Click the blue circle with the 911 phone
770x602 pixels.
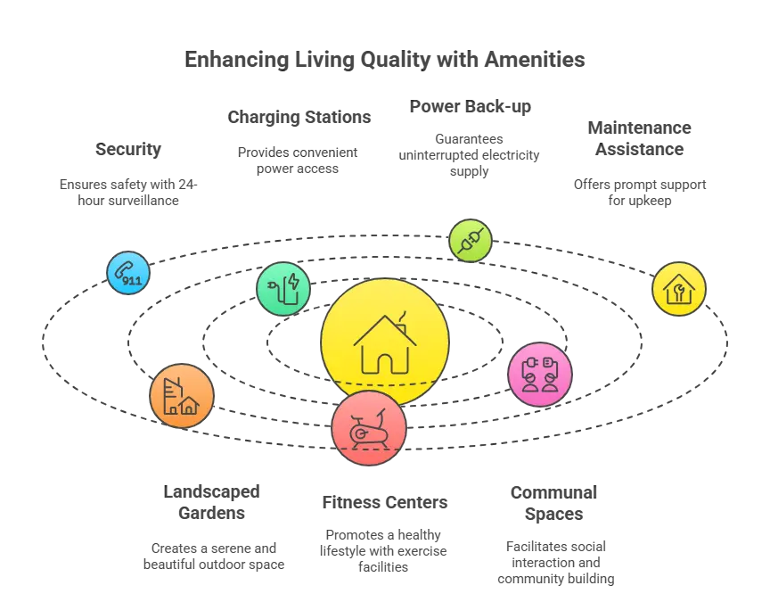point(128,272)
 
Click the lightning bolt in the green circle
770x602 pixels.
point(295,285)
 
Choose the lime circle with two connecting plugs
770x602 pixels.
point(470,239)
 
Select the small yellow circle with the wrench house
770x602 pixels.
point(678,288)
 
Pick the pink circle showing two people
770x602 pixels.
point(539,375)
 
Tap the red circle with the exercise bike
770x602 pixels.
point(368,428)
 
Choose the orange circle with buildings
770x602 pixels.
point(181,396)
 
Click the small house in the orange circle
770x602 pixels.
point(188,407)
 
